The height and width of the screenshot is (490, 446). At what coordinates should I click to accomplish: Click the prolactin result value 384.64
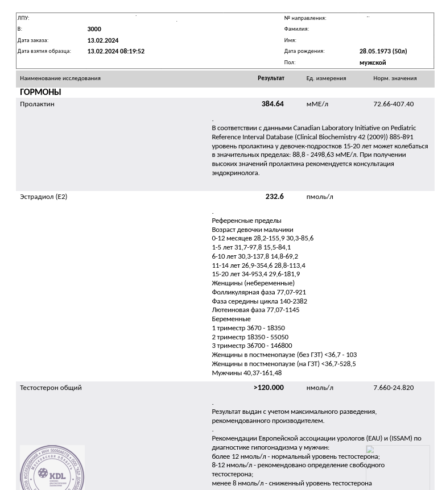272,104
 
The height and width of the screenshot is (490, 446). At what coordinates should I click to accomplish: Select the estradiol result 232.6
274,197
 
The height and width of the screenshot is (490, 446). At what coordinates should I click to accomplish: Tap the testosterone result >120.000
269,388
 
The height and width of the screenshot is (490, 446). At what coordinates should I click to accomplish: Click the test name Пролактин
37,104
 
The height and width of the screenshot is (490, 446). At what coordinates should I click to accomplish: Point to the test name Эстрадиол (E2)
43,197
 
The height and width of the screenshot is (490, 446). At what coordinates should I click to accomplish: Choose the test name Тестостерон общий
51,388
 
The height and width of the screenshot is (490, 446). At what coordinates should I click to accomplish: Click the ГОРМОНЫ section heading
40,92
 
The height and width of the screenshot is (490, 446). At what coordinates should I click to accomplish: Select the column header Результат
271,78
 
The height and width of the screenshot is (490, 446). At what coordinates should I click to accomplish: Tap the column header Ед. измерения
326,78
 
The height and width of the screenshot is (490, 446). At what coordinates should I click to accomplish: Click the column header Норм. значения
395,78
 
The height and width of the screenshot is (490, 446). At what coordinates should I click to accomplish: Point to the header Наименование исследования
60,78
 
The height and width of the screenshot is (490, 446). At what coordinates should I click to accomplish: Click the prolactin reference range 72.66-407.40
393,104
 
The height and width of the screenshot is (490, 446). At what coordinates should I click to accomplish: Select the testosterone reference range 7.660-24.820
393,388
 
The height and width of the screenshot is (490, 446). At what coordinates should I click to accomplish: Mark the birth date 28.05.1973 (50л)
383,51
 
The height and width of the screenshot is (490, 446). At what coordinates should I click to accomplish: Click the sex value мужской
372,63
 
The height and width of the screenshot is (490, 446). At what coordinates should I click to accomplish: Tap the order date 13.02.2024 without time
103,40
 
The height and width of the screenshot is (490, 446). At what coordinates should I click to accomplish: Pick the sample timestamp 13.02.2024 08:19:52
115,51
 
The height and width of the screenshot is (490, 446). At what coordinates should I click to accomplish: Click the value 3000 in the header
94,29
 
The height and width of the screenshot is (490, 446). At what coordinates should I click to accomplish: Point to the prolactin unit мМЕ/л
317,104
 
